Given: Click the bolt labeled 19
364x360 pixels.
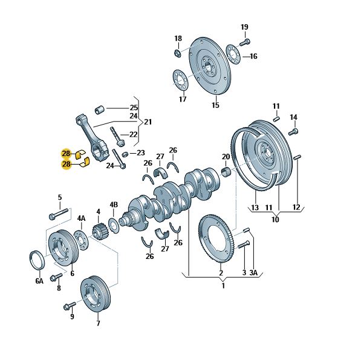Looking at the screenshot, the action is coord(245,42).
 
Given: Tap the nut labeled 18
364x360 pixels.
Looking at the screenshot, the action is coord(177,53).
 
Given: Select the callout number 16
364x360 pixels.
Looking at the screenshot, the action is coord(253,56).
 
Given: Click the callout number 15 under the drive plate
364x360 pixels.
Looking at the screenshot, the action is coord(215,105).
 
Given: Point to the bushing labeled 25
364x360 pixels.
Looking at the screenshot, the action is coord(100,110).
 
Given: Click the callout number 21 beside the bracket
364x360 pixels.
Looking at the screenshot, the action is coord(148,122).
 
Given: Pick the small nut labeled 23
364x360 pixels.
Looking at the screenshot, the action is coord(125,154).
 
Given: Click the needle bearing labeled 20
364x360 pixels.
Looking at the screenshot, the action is coord(226,172).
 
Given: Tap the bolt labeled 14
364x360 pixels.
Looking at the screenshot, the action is coord(293,132).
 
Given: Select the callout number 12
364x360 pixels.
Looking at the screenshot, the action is coord(296,207).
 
